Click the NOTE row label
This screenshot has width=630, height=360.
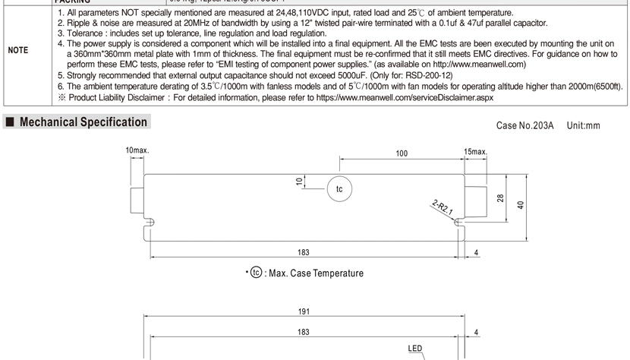pos(18,50)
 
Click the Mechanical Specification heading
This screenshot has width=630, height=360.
pos(83,122)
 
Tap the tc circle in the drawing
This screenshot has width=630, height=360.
pos(339,189)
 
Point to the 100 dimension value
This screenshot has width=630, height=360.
pos(402,153)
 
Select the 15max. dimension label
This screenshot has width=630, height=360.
pos(475,152)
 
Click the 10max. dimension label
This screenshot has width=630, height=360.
pos(137,150)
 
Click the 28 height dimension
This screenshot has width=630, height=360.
pos(501,197)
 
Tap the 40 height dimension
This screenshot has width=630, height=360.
pos(521,205)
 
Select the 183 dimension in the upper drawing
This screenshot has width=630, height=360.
pos(303,252)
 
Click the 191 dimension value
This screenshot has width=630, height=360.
pos(303,311)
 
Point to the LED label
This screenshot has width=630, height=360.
pos(414,349)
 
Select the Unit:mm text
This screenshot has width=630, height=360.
pos(583,125)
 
